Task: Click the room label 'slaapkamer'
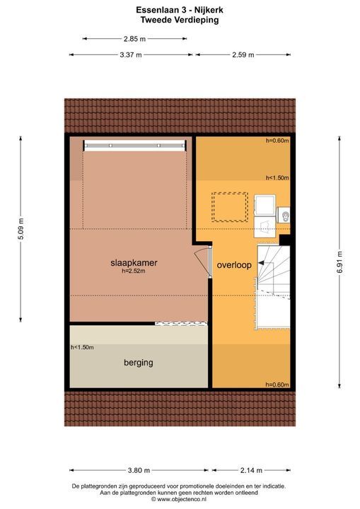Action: [133, 262]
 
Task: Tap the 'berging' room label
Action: [138, 363]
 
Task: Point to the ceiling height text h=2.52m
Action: [134, 271]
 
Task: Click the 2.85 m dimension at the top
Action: [134, 39]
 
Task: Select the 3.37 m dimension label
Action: [130, 54]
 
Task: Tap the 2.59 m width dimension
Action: [242, 54]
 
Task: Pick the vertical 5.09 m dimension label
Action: [21, 228]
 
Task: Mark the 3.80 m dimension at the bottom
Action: [139, 470]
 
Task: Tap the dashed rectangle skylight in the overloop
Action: [230, 206]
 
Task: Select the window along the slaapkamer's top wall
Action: [135, 145]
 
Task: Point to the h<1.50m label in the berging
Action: [82, 347]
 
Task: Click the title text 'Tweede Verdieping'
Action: [179, 21]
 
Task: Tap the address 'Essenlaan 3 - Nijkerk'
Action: [179, 10]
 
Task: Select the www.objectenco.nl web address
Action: [179, 499]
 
